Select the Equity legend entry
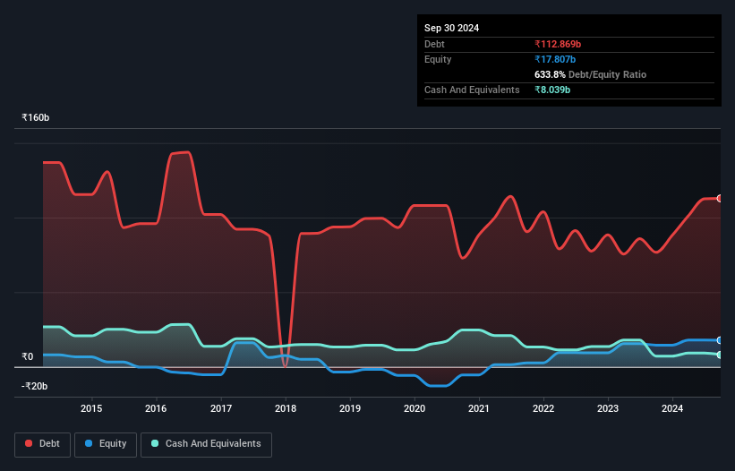click(x=106, y=444)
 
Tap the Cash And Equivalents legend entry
click(x=205, y=444)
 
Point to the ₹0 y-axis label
click(x=27, y=356)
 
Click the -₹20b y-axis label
click(x=37, y=386)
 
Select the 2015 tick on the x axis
click(x=91, y=409)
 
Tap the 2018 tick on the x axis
click(x=286, y=409)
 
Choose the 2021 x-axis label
click(x=479, y=409)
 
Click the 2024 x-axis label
click(x=673, y=409)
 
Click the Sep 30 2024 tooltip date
click(x=451, y=28)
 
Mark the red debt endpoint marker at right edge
click(x=720, y=199)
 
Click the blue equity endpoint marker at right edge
click(x=720, y=340)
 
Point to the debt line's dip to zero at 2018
click(x=286, y=365)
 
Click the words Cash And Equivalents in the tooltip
click(x=472, y=90)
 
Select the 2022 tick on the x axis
click(x=543, y=409)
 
